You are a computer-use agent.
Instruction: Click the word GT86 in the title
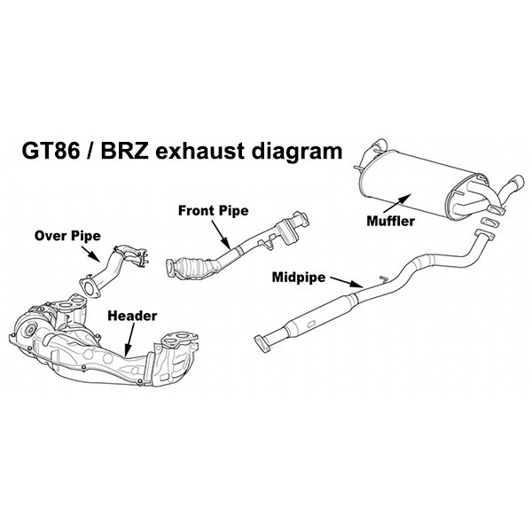pyautogui.click(x=56, y=149)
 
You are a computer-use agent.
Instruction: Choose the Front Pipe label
pyautogui.click(x=213, y=210)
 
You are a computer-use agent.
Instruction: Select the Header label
pyautogui.click(x=132, y=315)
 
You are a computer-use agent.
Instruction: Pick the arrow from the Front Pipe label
pyautogui.click(x=221, y=232)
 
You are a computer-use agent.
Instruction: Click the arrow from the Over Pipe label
pyautogui.click(x=96, y=253)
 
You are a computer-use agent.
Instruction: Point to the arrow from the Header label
pyautogui.click(x=129, y=339)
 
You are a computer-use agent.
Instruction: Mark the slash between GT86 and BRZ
pyautogui.click(x=98, y=149)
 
